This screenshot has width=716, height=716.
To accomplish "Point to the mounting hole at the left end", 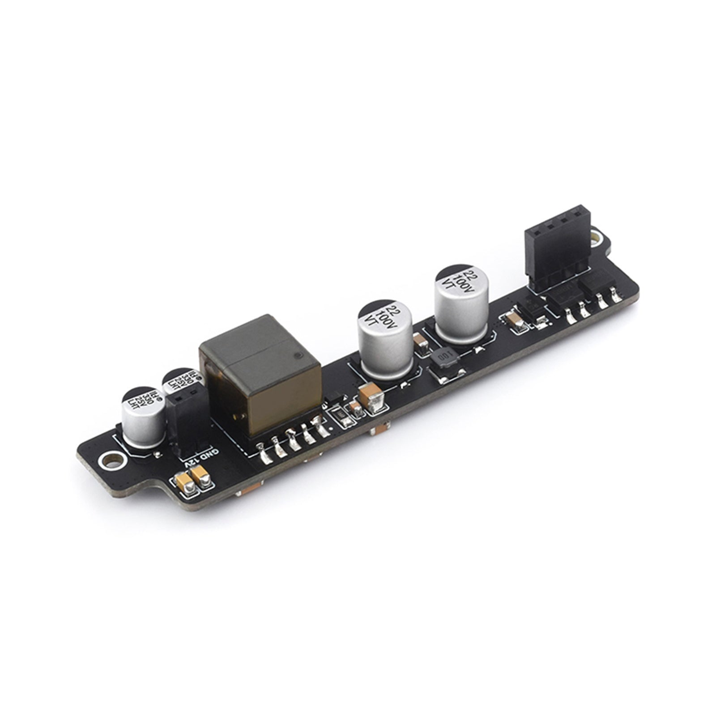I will pyautogui.click(x=111, y=460).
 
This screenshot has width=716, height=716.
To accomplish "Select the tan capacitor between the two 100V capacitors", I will pyautogui.click(x=421, y=345).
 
